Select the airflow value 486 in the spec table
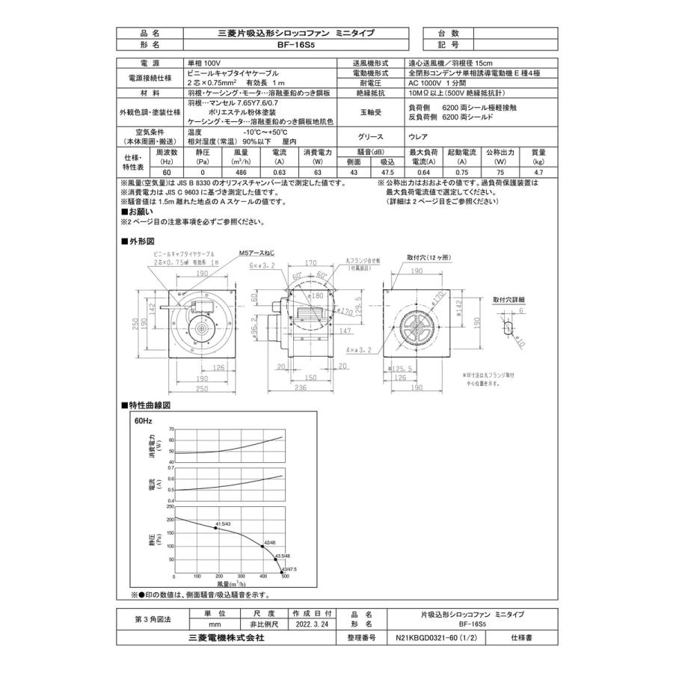(x=242, y=171)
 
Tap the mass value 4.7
(x=538, y=171)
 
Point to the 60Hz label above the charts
(x=142, y=420)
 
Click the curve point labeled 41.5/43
(x=216, y=528)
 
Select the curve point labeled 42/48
(x=262, y=547)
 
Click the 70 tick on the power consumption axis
(x=171, y=429)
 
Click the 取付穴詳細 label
(x=508, y=299)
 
